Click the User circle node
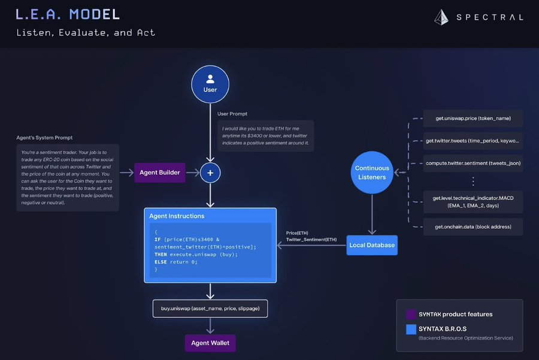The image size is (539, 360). [210, 83]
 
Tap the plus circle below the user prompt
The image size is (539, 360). [210, 173]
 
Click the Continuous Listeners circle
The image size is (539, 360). [372, 172]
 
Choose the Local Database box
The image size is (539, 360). [372, 245]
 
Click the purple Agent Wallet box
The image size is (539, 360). [210, 343]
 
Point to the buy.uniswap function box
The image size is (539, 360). [210, 308]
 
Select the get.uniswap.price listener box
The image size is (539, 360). [473, 119]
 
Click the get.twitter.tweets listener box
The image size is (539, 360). [473, 141]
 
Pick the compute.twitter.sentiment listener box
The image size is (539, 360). [473, 163]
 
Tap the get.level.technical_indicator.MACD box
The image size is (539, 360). [473, 202]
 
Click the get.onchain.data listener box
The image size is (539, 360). [473, 227]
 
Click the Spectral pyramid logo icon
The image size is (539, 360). [442, 17]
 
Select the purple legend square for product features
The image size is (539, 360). [411, 314]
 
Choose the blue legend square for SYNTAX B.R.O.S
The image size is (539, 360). [411, 329]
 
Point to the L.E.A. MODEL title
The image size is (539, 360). [68, 14]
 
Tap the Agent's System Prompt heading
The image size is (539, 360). [44, 138]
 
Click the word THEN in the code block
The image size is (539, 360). [161, 254]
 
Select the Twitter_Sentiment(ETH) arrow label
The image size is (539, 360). [311, 240]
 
